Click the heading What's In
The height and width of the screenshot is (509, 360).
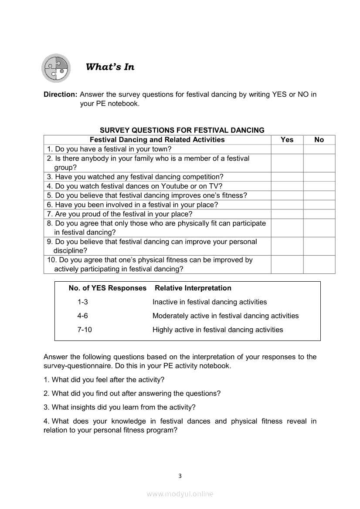click(x=110, y=67)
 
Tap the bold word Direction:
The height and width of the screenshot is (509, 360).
click(x=61, y=94)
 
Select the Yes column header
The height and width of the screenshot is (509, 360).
click(x=287, y=140)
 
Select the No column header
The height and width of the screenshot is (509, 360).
click(x=319, y=140)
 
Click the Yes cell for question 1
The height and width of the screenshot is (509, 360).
click(x=287, y=149)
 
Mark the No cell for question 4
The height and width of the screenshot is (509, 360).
click(x=319, y=186)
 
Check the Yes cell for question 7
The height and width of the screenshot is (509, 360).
click(x=287, y=214)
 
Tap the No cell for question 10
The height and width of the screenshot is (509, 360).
click(x=319, y=264)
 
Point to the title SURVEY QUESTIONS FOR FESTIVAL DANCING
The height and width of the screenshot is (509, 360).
click(x=182, y=130)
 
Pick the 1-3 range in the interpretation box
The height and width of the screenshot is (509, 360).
click(x=83, y=302)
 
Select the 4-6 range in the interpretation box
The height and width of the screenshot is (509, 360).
click(x=83, y=316)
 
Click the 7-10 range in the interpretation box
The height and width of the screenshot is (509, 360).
click(x=85, y=330)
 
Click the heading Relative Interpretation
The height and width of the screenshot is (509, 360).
click(x=193, y=288)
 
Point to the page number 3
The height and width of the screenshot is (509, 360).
click(x=180, y=476)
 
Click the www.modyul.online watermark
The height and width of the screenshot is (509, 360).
click(x=180, y=494)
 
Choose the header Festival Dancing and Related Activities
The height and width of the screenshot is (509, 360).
click(x=157, y=140)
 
